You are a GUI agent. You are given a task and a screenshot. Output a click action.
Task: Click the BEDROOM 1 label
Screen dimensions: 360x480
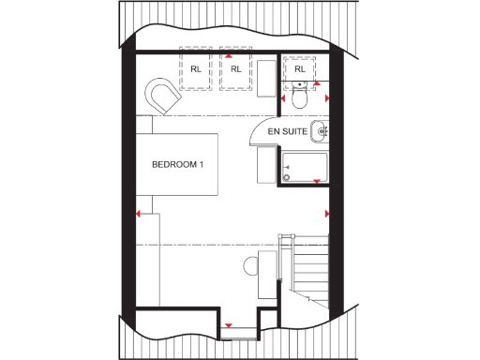point(178,164)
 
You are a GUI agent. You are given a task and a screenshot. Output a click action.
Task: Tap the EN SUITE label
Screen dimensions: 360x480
point(287,132)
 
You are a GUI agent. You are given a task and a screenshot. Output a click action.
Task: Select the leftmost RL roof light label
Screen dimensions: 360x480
point(196,69)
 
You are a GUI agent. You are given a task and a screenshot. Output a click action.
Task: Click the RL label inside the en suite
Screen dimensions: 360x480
point(300,69)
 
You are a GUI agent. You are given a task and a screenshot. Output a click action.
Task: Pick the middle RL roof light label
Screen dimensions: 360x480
point(235,69)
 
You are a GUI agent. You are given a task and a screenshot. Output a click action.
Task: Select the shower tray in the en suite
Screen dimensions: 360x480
point(303,166)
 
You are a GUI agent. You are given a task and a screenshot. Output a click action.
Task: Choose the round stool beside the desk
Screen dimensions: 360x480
point(250,265)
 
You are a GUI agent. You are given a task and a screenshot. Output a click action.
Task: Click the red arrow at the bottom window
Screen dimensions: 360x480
point(227,326)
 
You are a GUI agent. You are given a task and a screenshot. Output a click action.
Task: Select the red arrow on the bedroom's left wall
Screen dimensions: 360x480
point(139,214)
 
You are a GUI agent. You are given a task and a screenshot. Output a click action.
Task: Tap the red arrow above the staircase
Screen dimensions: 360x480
point(324,214)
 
